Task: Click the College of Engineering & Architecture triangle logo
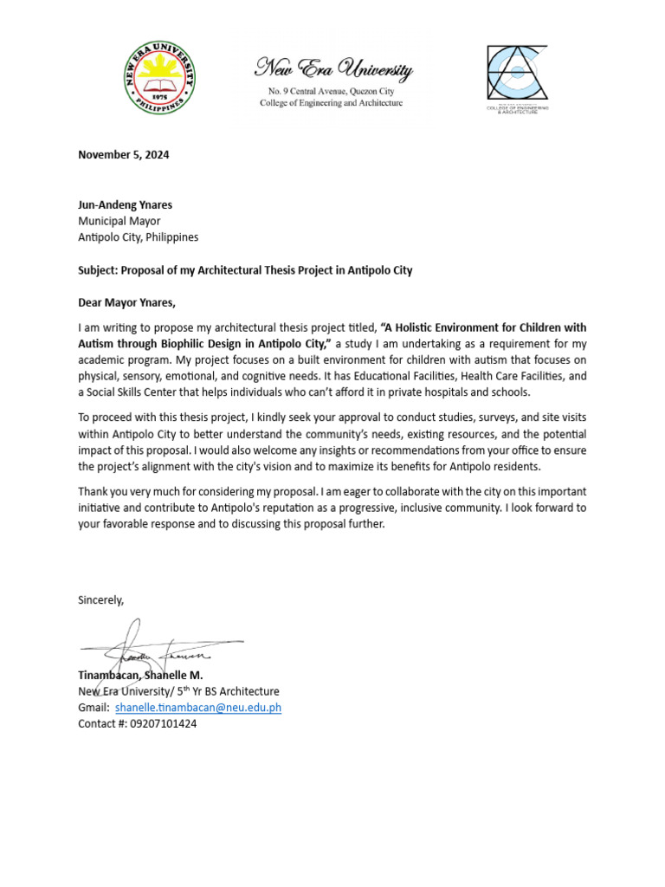(517, 75)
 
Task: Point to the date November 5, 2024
(124, 156)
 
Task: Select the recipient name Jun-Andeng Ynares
(125, 205)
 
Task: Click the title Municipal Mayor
(119, 221)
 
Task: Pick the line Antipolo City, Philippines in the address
(139, 237)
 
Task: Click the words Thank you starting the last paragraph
(100, 492)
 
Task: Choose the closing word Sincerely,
(101, 599)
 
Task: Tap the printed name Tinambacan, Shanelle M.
(140, 675)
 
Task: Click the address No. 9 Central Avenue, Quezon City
(332, 91)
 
